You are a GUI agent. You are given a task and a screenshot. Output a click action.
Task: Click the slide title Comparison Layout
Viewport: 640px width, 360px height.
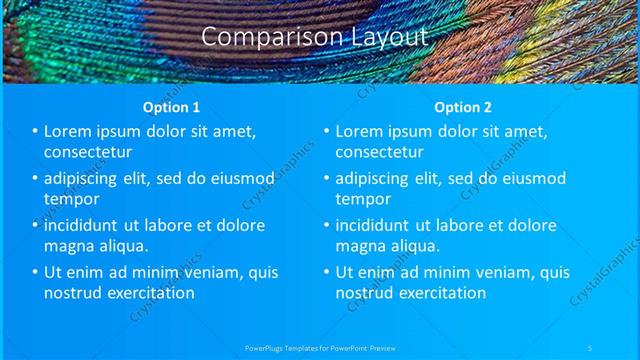pyautogui.click(x=315, y=37)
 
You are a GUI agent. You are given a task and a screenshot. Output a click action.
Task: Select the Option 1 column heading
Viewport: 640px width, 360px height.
pyautogui.click(x=172, y=107)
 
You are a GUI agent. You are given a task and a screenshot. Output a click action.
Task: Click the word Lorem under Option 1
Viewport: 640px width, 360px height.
pyautogui.click(x=69, y=131)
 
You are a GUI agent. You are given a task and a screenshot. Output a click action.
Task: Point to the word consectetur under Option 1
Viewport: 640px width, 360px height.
pyautogui.click(x=89, y=152)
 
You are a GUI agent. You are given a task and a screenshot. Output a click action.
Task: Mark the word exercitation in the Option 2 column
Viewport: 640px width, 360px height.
pyautogui.click(x=440, y=293)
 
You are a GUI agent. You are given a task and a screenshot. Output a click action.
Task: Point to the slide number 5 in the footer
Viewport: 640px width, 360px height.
pyautogui.click(x=590, y=348)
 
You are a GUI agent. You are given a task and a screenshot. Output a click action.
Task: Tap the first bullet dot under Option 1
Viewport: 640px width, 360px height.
pyautogui.click(x=35, y=131)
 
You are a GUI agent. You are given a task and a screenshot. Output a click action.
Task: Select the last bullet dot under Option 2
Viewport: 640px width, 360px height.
pyautogui.click(x=326, y=272)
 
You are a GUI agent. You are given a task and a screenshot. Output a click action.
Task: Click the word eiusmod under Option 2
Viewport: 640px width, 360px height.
pyautogui.click(x=526, y=178)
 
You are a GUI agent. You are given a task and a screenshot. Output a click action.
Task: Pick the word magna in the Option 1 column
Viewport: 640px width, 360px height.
pyautogui.click(x=70, y=246)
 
